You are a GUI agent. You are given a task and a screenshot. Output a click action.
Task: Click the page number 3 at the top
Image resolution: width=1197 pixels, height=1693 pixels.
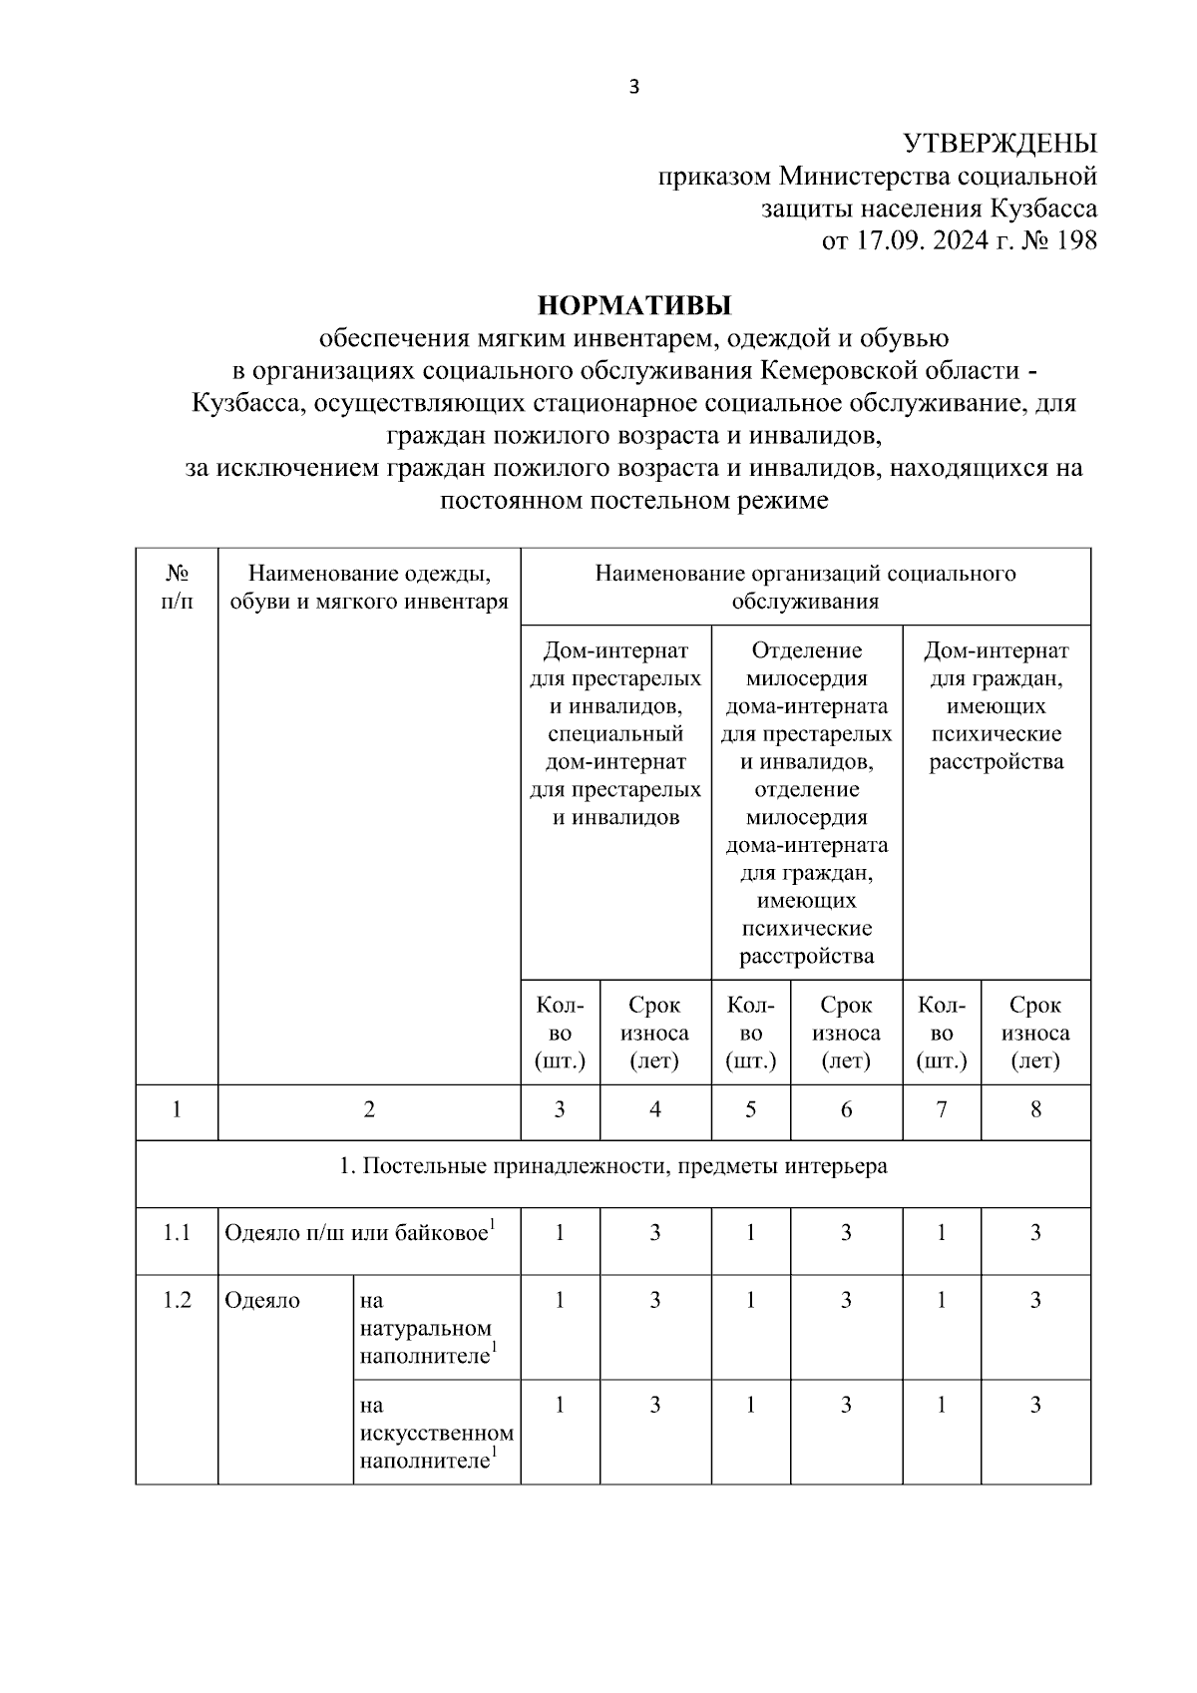(x=634, y=87)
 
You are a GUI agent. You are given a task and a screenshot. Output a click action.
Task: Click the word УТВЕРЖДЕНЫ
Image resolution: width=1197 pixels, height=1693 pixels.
(x=999, y=144)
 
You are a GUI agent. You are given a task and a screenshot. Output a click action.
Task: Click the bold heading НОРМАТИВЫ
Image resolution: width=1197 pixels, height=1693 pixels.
(x=634, y=303)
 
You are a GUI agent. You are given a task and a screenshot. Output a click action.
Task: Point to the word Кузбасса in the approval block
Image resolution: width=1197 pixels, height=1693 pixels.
(x=1043, y=209)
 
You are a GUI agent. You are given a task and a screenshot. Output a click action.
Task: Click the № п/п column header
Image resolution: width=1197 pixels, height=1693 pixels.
(x=177, y=587)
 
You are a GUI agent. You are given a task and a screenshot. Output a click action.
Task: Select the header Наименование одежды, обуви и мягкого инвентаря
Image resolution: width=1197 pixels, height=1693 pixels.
(x=369, y=588)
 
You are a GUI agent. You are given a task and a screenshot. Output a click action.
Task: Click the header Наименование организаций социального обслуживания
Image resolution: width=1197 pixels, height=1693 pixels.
(x=805, y=587)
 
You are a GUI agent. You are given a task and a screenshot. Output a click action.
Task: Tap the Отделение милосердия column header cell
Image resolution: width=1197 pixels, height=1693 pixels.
(x=806, y=803)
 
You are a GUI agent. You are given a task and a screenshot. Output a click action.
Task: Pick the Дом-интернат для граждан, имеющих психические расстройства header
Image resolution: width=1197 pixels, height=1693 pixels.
(x=996, y=706)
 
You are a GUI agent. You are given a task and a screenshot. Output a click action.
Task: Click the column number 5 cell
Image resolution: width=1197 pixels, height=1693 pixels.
(x=750, y=1110)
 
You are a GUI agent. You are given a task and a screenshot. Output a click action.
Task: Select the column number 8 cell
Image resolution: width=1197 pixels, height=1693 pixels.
(x=1035, y=1110)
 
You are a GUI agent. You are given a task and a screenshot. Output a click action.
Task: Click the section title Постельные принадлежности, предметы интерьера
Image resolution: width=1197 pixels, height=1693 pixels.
(x=613, y=1166)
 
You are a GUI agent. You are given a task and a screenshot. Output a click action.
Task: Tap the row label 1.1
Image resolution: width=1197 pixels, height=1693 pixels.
(x=177, y=1233)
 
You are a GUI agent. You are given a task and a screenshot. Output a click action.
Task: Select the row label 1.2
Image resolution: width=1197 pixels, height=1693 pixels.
(x=177, y=1301)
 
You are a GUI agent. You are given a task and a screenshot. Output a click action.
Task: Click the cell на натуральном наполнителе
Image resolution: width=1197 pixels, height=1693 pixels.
(x=427, y=1329)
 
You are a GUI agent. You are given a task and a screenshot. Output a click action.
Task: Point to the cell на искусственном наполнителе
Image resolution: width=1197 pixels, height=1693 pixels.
(x=436, y=1434)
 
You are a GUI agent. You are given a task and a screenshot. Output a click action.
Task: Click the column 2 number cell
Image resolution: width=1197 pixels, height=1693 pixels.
(x=369, y=1110)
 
